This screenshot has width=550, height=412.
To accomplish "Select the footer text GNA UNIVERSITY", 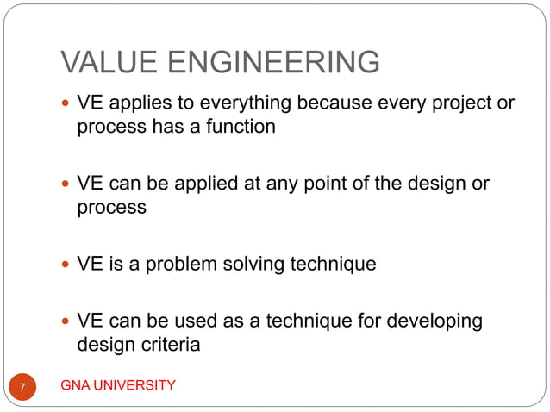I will (x=118, y=385).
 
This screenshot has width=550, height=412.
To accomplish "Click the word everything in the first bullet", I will (x=244, y=104).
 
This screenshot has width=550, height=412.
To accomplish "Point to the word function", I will (x=237, y=127).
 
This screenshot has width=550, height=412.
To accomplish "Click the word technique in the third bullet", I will (x=334, y=264).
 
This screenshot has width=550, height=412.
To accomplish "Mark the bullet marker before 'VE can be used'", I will (x=66, y=322).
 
